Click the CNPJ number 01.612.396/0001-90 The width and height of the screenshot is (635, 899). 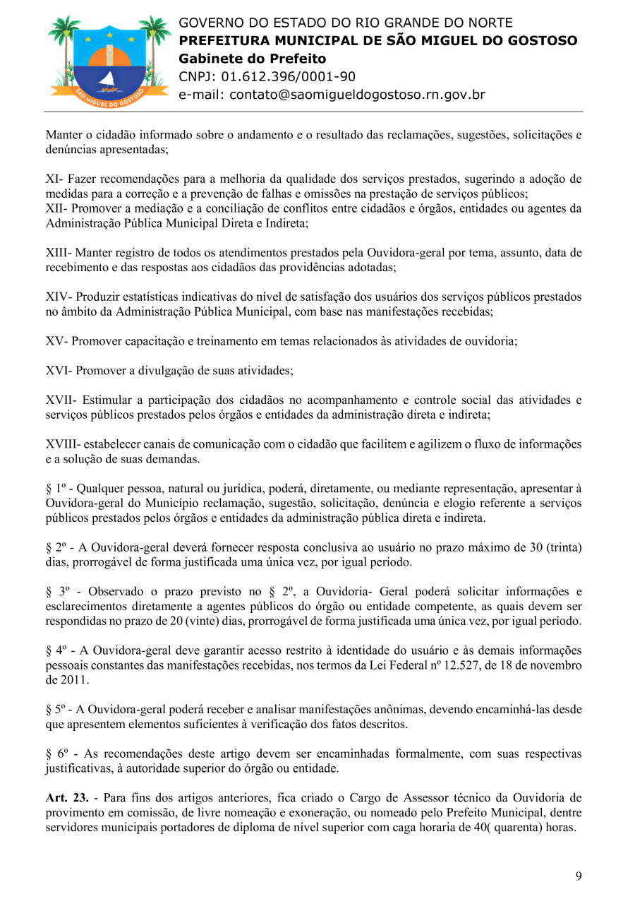289,77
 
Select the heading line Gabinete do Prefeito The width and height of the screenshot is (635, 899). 252,59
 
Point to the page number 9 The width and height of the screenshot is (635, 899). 579,876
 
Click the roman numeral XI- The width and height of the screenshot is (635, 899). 56,179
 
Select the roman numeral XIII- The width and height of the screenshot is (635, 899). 59,253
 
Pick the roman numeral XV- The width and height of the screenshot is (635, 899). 56,341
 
